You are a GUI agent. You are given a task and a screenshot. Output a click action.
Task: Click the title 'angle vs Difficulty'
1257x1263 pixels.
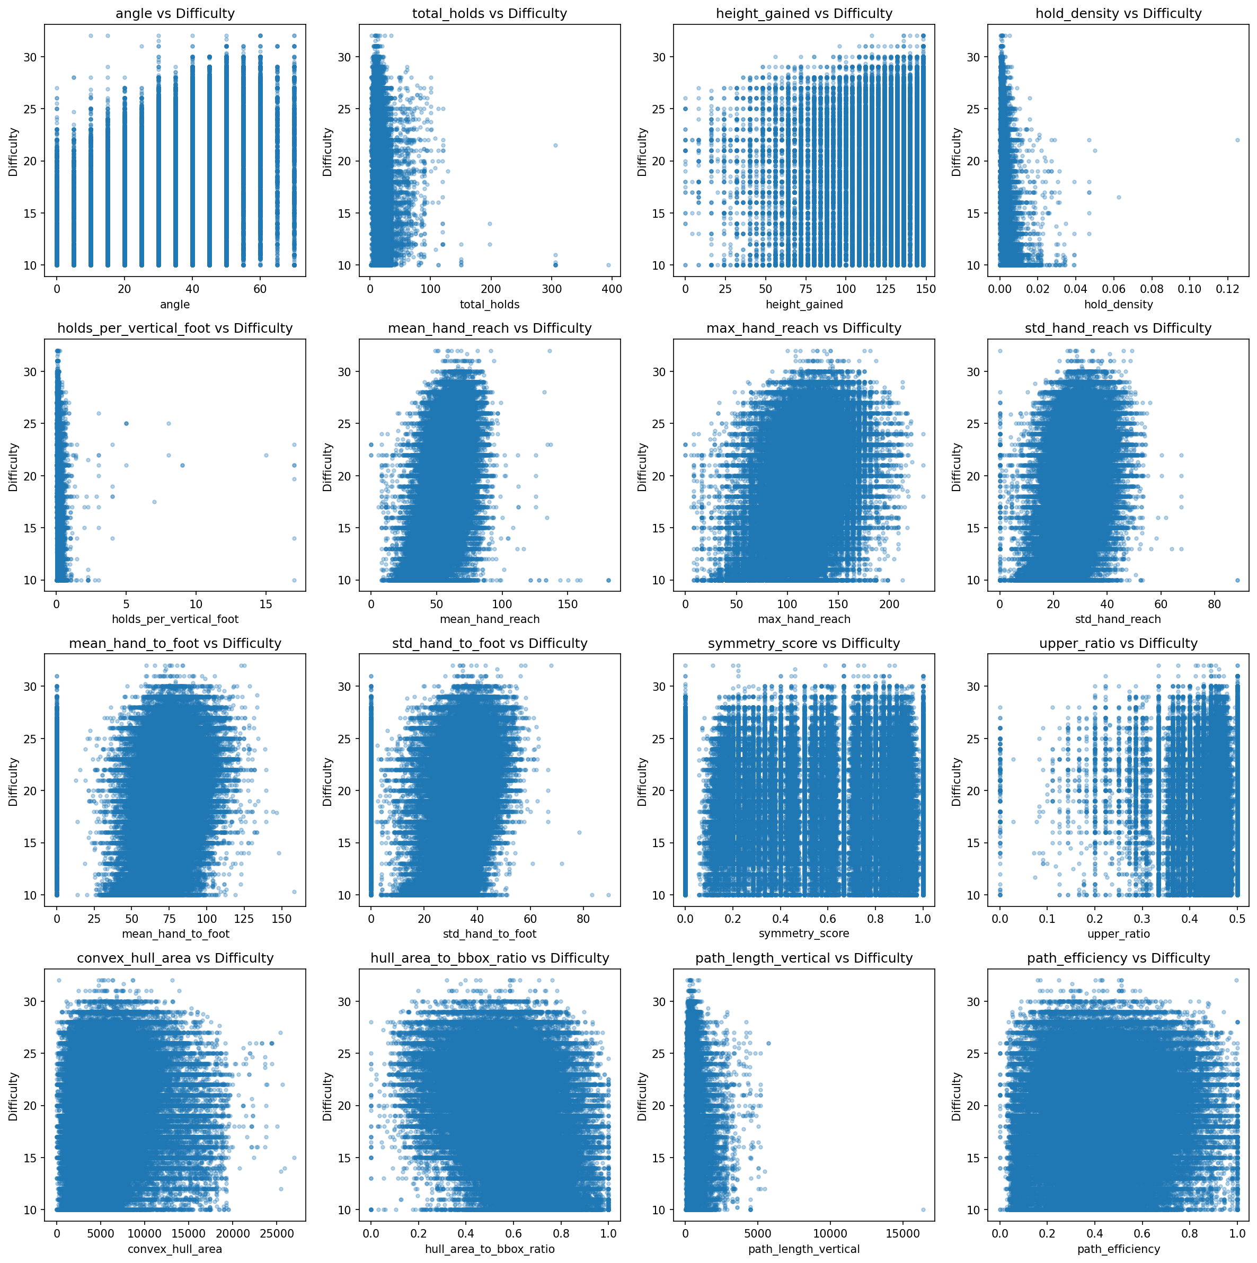175,13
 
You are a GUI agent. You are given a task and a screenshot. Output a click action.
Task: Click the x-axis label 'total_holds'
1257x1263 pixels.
490,304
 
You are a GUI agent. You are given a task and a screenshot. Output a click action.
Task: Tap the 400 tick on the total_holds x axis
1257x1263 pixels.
612,288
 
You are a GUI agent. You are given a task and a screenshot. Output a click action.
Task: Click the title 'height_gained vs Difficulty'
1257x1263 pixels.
804,13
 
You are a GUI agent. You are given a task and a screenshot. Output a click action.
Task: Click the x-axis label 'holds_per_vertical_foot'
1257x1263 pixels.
175,619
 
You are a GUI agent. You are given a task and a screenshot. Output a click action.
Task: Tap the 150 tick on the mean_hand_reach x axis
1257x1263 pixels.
567,603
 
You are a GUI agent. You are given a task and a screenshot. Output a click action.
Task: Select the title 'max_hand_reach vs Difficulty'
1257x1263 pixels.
804,328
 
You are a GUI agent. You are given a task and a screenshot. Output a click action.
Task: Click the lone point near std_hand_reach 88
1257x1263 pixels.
1237,580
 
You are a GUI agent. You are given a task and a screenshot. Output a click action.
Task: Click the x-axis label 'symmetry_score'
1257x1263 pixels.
804,933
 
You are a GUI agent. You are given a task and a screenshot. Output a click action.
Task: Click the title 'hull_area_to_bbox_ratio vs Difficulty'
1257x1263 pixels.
490,958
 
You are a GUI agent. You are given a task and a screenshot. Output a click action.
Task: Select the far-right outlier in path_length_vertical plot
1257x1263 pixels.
924,1209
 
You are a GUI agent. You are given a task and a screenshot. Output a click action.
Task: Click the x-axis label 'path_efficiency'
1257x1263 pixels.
1118,1249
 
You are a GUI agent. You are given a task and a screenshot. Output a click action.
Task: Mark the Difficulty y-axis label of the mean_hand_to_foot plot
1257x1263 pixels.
13,781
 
